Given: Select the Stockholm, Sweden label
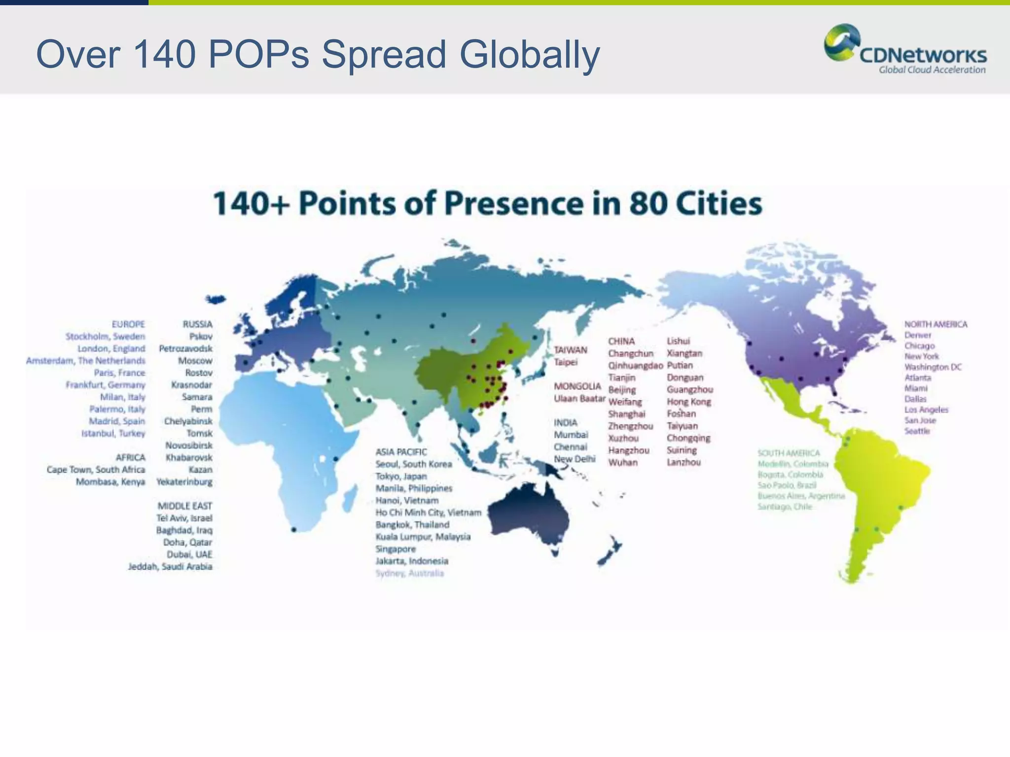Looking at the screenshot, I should click(x=105, y=337).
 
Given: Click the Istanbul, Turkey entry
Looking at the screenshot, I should click(x=113, y=434).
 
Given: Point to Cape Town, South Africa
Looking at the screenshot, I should click(x=96, y=470).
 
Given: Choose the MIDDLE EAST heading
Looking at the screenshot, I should click(x=184, y=506).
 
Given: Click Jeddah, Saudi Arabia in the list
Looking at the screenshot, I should click(x=170, y=567).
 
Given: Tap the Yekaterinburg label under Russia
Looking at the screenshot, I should click(x=184, y=482).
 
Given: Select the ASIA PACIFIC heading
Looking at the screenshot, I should click(x=401, y=452).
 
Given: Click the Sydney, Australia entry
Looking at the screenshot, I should click(x=409, y=573).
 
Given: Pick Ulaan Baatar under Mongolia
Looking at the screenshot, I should click(x=579, y=398).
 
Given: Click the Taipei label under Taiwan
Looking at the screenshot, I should click(x=565, y=362).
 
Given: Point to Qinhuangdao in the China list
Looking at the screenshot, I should click(x=635, y=366).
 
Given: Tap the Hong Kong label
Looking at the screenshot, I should click(x=688, y=402).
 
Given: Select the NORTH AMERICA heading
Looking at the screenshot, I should click(x=936, y=324).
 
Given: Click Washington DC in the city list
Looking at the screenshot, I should click(x=933, y=367).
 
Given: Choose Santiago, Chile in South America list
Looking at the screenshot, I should click(x=784, y=507).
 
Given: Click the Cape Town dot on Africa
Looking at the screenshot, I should click(x=294, y=530).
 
